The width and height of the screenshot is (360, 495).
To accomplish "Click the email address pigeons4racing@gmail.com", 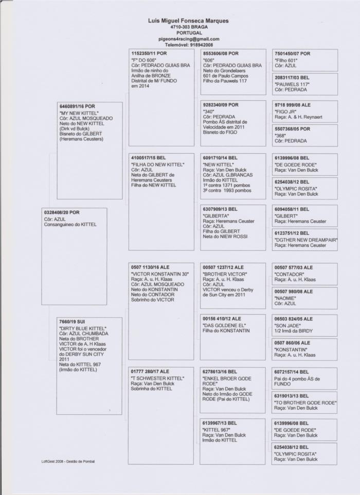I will point(189,39).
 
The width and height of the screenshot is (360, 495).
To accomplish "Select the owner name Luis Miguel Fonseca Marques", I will point(189,21).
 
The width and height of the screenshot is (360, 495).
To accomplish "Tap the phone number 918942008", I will point(202,45).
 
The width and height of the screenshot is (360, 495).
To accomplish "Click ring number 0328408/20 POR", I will point(62,212).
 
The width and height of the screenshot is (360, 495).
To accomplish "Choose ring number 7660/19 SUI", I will point(72,322).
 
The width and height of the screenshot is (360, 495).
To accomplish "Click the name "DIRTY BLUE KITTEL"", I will point(83,328).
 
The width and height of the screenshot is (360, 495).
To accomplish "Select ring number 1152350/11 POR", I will point(149,53).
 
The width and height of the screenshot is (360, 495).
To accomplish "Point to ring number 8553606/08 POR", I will point(221,53).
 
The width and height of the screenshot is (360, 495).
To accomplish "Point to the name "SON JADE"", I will point(289,325).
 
